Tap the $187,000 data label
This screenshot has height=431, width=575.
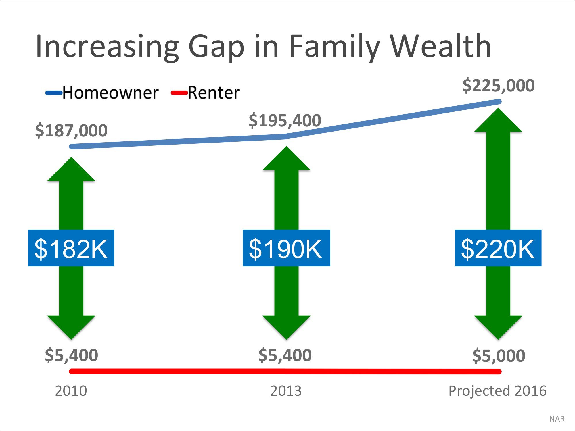pos(71,130)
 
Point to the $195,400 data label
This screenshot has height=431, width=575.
pos(285,120)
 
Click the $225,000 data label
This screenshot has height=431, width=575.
pos(499,86)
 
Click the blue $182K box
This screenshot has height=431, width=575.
pos(71,248)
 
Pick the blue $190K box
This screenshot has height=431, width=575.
pos(286,248)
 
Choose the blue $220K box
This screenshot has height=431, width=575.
pos(498,248)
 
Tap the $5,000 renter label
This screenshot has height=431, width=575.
pos(499,356)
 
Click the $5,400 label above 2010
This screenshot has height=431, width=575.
pos(71,355)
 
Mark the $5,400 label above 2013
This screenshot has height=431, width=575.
pos(285,355)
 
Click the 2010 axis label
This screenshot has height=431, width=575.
pos(71,391)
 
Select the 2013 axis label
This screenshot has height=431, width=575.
pos(286,391)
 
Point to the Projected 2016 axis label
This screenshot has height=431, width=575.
pos(497,391)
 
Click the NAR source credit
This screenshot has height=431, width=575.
pos(557,419)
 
